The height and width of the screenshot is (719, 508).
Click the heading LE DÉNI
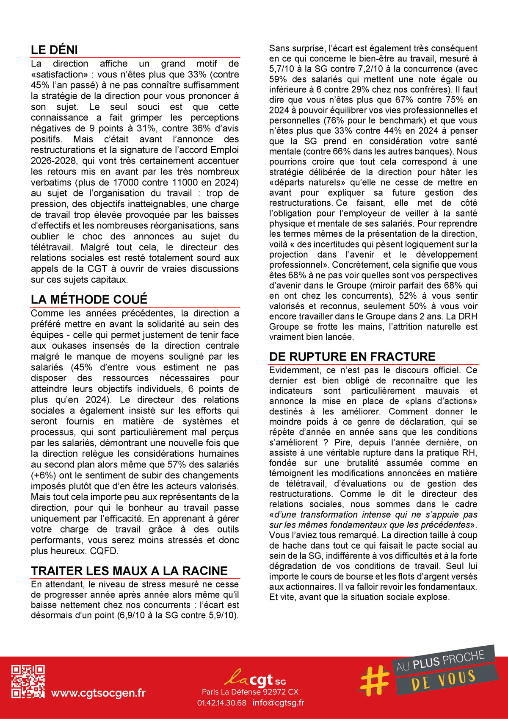coord(54,50)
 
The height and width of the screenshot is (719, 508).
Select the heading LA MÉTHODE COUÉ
coord(89,300)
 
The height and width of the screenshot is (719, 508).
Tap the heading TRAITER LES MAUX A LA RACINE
coord(129,571)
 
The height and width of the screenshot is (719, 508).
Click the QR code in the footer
coord(28,681)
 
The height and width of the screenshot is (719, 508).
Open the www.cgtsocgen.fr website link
coord(98,693)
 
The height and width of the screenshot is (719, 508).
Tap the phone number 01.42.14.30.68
coord(221,703)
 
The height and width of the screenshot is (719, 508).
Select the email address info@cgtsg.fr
coord(278,703)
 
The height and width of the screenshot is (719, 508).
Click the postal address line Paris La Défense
coord(250,692)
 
